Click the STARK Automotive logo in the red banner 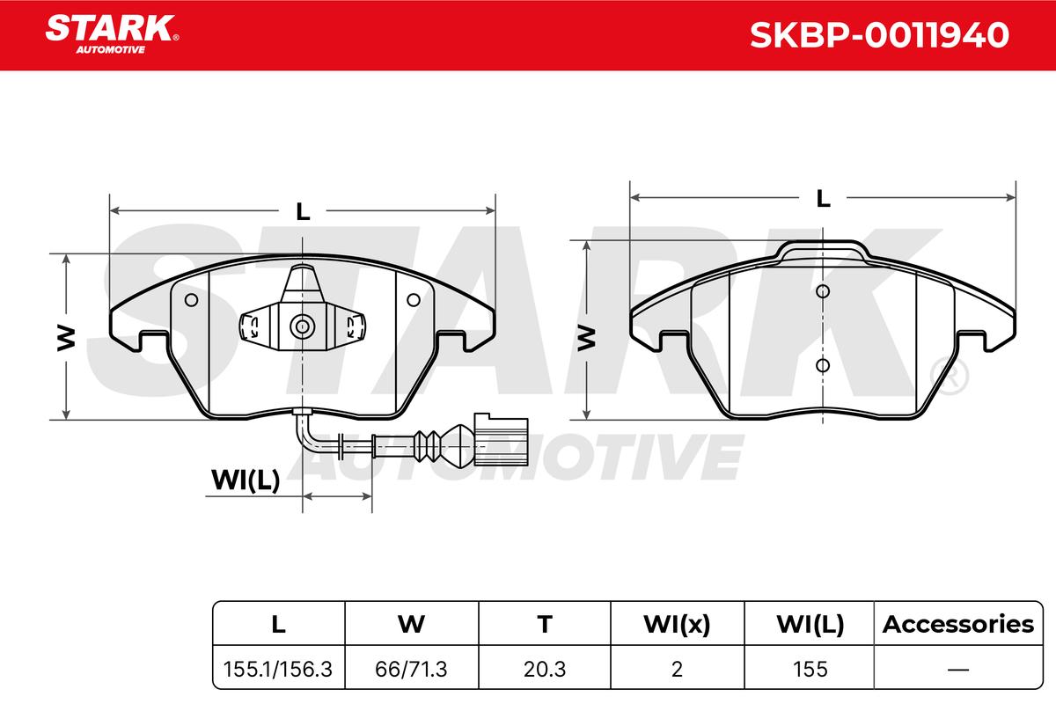(112, 34)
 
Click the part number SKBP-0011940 (879, 35)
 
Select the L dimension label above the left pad (303, 212)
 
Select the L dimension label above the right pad (823, 199)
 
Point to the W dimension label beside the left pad (66, 338)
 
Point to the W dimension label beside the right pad (586, 338)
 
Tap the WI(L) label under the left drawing (246, 480)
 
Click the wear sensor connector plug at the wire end (501, 439)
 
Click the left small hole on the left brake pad (192, 300)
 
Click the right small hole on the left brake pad (414, 300)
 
